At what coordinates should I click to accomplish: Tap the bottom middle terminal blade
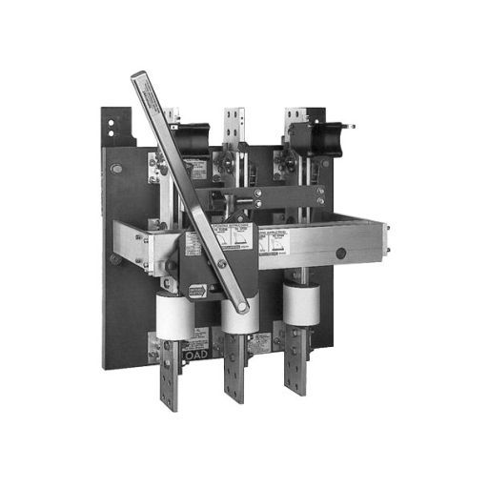pyautogui.click(x=235, y=377)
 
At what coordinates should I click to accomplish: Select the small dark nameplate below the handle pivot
pyautogui.click(x=197, y=292)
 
